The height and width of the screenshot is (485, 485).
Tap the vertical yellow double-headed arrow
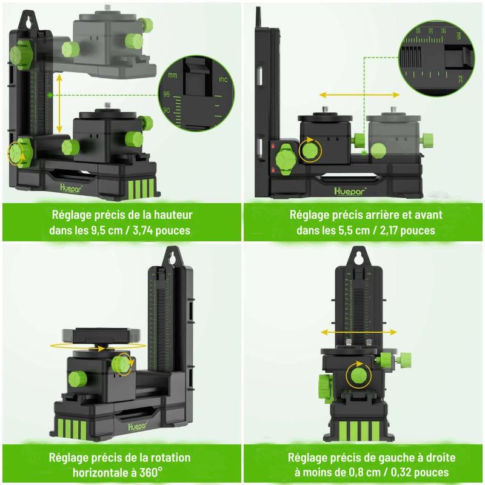[x=59, y=104]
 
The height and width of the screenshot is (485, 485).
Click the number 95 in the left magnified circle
[x=166, y=94]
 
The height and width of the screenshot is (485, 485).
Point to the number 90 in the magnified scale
[x=166, y=110]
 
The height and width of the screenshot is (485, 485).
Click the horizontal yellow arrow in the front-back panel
[x=360, y=95]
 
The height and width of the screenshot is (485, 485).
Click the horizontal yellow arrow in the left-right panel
[x=358, y=332]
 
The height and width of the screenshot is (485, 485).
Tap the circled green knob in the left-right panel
[x=359, y=374]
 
